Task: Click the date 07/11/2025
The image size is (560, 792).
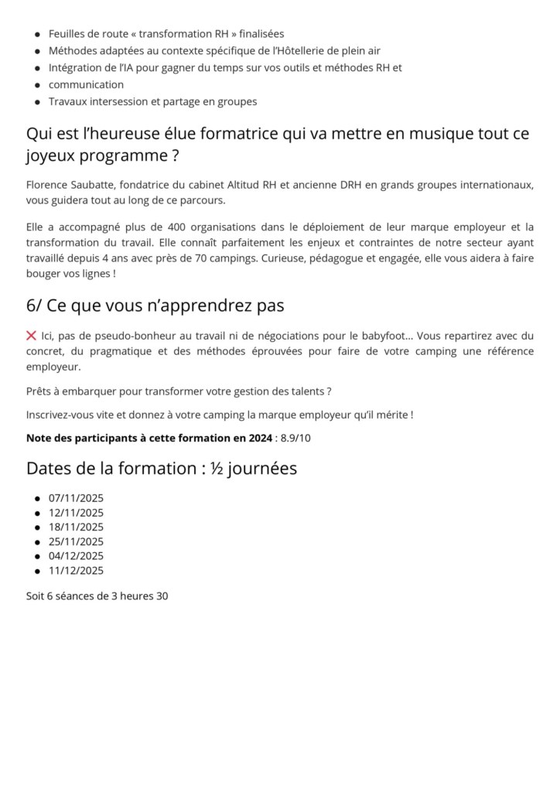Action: (76, 498)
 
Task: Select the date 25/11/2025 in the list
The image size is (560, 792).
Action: (76, 541)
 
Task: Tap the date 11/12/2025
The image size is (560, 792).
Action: (76, 571)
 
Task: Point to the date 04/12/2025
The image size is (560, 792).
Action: (76, 556)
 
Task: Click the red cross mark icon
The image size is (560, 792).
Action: (32, 336)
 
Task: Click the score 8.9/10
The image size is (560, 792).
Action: (295, 438)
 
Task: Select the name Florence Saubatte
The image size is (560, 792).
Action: (70, 185)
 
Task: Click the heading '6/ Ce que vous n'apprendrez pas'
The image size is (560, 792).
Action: (155, 306)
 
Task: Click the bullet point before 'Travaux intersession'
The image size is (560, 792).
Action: (37, 102)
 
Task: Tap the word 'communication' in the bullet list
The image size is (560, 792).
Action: (86, 84)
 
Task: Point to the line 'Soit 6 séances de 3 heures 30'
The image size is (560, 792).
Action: (97, 596)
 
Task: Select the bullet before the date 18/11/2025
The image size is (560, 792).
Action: (37, 527)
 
